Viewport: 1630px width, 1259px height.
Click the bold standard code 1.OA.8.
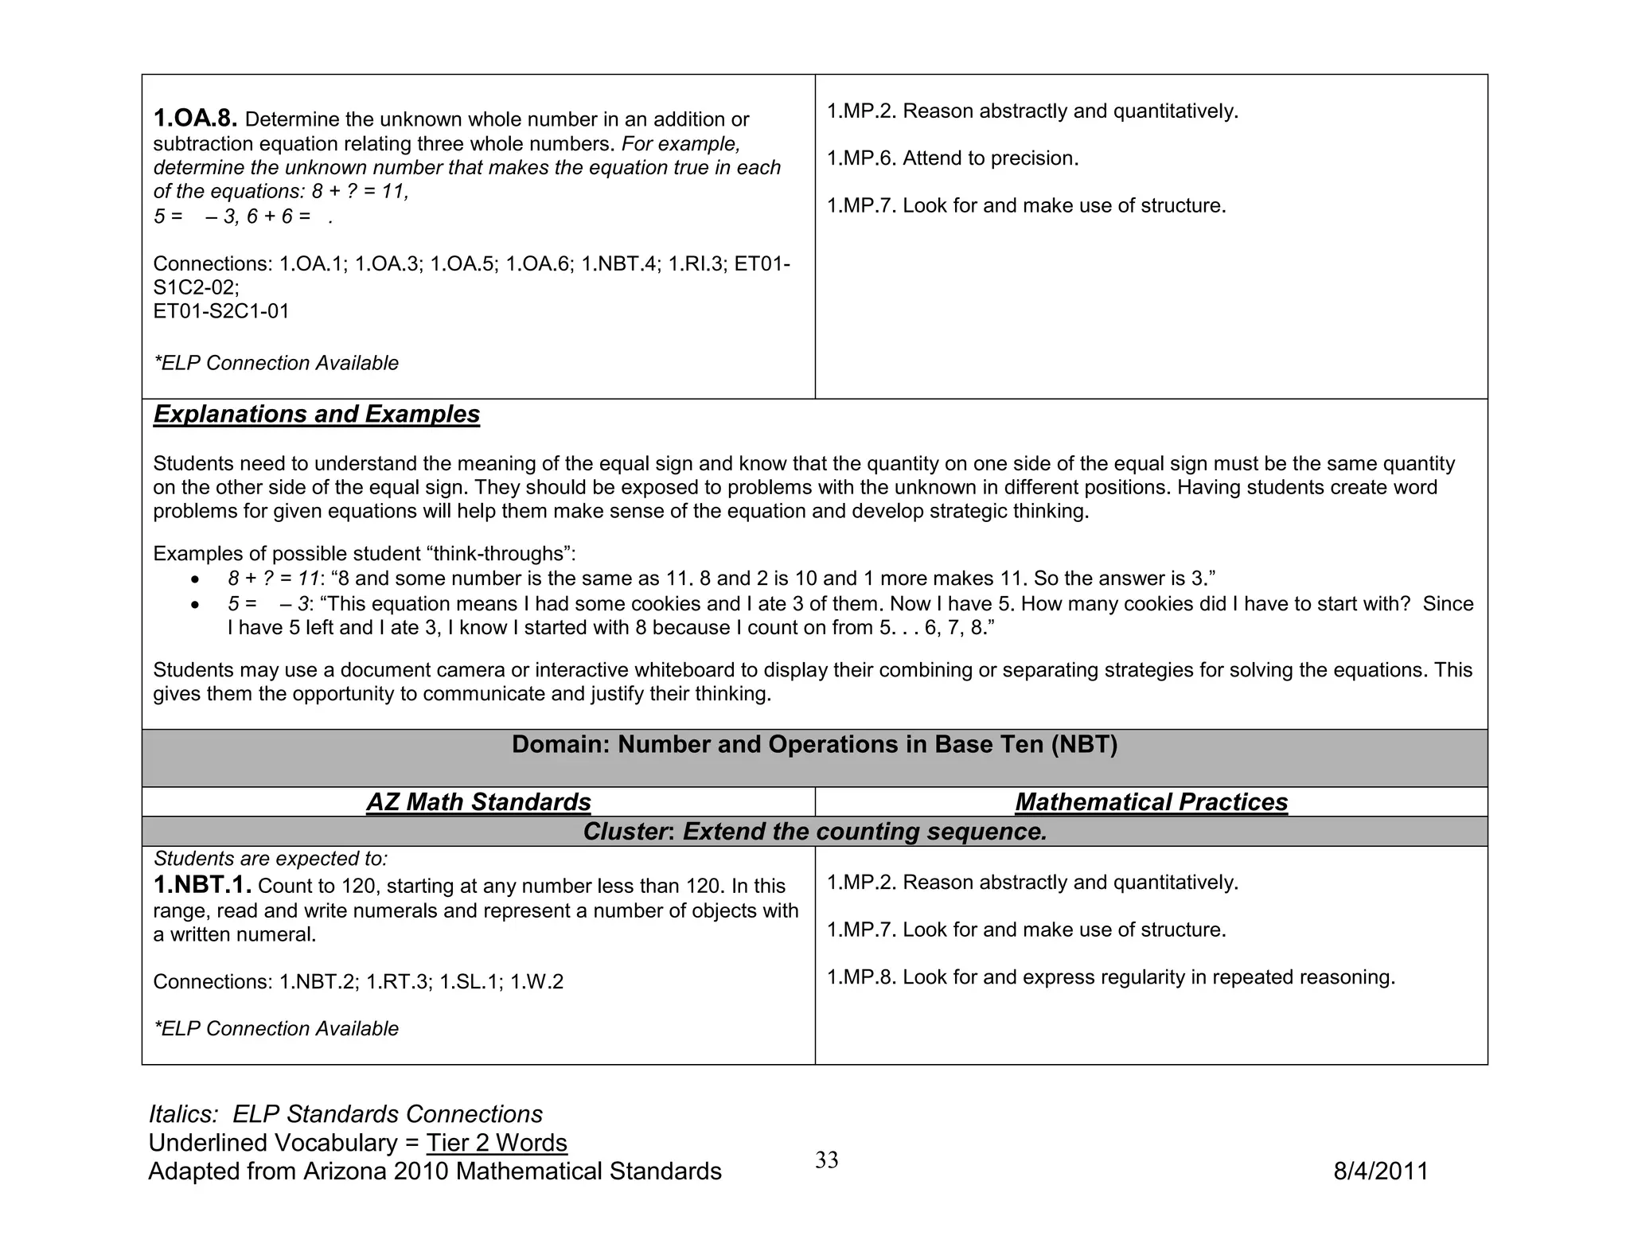tap(195, 119)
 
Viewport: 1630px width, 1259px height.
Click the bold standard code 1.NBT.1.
tap(202, 885)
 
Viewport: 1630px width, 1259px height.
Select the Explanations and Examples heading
tap(316, 414)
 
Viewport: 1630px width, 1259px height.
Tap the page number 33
tap(826, 1160)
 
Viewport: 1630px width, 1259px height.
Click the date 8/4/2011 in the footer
tap(1381, 1171)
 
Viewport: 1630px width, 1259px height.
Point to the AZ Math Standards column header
tap(478, 801)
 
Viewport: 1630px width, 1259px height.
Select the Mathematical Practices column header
tap(1151, 801)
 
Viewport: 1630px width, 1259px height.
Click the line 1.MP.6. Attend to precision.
tap(952, 158)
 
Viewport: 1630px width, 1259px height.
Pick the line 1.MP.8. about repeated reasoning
tap(1110, 977)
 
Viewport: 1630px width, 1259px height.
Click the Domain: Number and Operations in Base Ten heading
tap(814, 745)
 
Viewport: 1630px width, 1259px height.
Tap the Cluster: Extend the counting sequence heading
tap(814, 832)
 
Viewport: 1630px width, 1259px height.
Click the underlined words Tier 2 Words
tap(497, 1143)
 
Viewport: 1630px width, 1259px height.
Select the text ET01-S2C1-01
tap(220, 311)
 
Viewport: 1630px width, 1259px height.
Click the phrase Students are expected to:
tap(270, 859)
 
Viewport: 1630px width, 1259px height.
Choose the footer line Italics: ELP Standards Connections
tap(345, 1114)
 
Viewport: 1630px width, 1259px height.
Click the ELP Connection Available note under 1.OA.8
tap(275, 363)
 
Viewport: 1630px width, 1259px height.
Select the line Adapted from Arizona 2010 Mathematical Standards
tap(435, 1171)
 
